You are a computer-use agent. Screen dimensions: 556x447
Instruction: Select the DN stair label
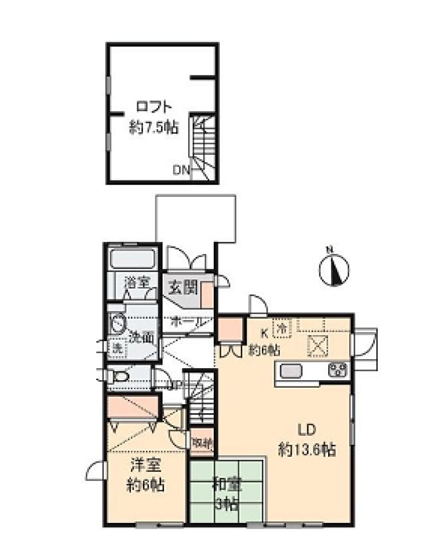pos(181,170)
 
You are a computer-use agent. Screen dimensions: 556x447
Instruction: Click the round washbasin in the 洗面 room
pos(118,324)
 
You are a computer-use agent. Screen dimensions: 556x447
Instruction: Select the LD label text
pos(307,429)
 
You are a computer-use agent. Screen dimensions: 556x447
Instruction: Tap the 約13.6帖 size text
pos(307,449)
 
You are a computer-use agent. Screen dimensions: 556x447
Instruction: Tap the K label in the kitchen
pos(264,332)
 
